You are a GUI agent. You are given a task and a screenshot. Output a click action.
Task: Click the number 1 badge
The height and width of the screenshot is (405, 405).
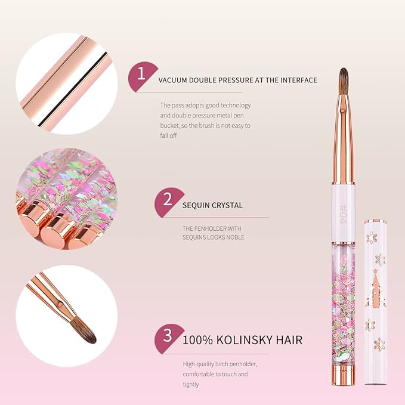click(141, 75)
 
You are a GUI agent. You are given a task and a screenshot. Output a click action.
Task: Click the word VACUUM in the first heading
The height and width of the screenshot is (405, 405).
click(174, 80)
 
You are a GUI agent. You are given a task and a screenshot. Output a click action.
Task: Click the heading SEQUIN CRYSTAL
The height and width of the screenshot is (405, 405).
click(213, 205)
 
